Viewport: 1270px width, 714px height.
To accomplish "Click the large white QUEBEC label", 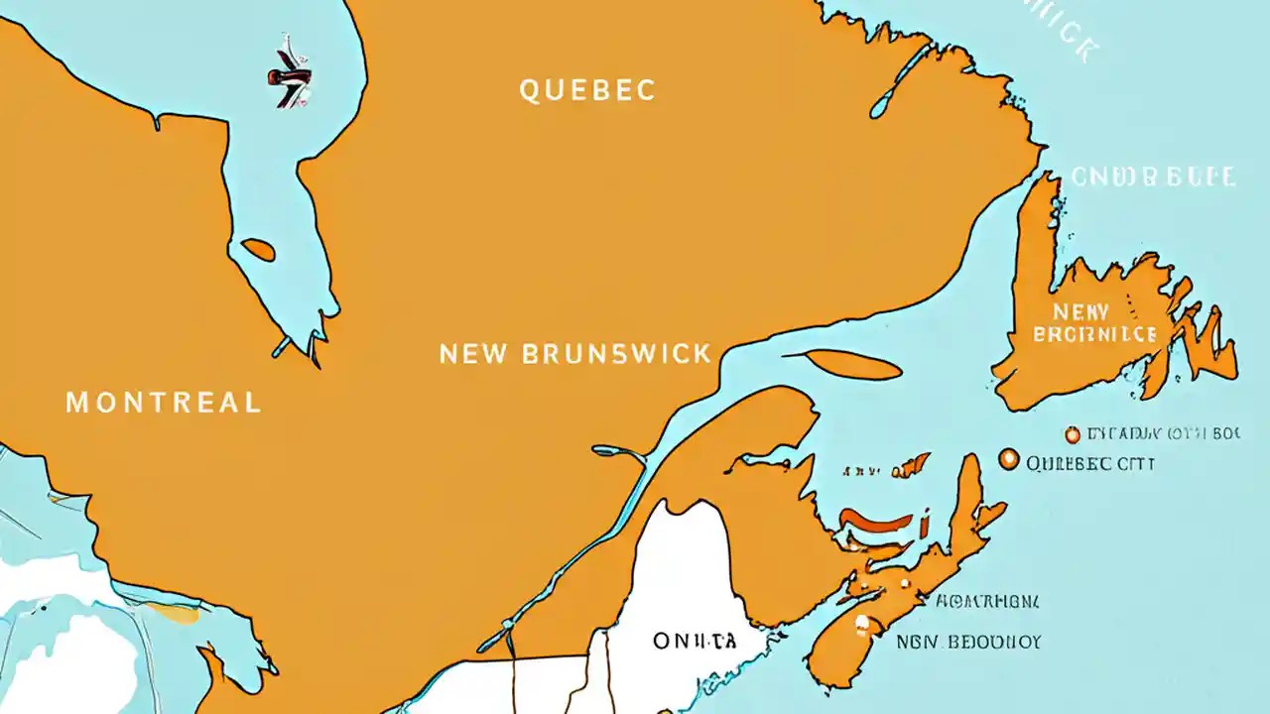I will pyautogui.click(x=587, y=90).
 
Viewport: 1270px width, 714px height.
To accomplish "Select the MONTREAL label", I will pyautogui.click(x=164, y=402).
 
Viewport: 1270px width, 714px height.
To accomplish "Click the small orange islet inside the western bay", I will pyautogui.click(x=258, y=250).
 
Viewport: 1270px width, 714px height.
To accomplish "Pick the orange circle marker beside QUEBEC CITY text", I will pyautogui.click(x=1009, y=459).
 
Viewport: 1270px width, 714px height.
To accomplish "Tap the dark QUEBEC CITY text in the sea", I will pyautogui.click(x=1090, y=463).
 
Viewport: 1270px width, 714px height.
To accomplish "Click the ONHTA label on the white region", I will pyautogui.click(x=695, y=642).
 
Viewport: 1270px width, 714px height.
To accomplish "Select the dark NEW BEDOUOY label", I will pyautogui.click(x=968, y=643).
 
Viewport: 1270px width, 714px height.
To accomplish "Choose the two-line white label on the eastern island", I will pyautogui.click(x=1093, y=324).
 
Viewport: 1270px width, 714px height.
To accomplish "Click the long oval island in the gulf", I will pyautogui.click(x=850, y=365).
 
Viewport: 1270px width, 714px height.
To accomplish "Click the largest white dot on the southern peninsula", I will pyautogui.click(x=862, y=624).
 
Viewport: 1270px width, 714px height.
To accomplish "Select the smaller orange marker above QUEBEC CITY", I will pyautogui.click(x=1072, y=434).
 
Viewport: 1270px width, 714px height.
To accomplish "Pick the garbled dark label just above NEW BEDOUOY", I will pyautogui.click(x=987, y=601).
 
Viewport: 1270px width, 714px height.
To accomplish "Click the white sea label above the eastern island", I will pyautogui.click(x=1153, y=178).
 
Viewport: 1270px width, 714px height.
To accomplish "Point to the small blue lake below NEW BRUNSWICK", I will pyautogui.click(x=619, y=452).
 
